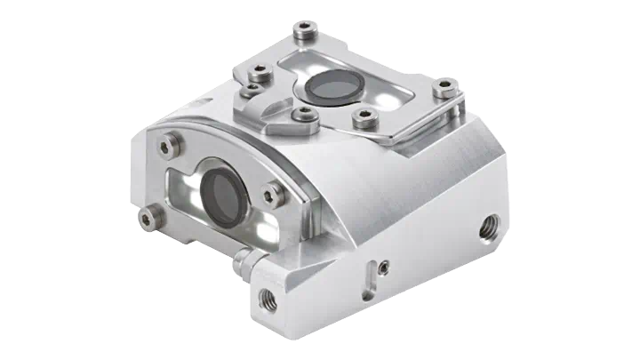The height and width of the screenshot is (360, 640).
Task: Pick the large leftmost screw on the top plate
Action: pyautogui.click(x=259, y=71)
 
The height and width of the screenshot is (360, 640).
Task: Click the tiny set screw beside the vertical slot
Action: pyautogui.click(x=382, y=264)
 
